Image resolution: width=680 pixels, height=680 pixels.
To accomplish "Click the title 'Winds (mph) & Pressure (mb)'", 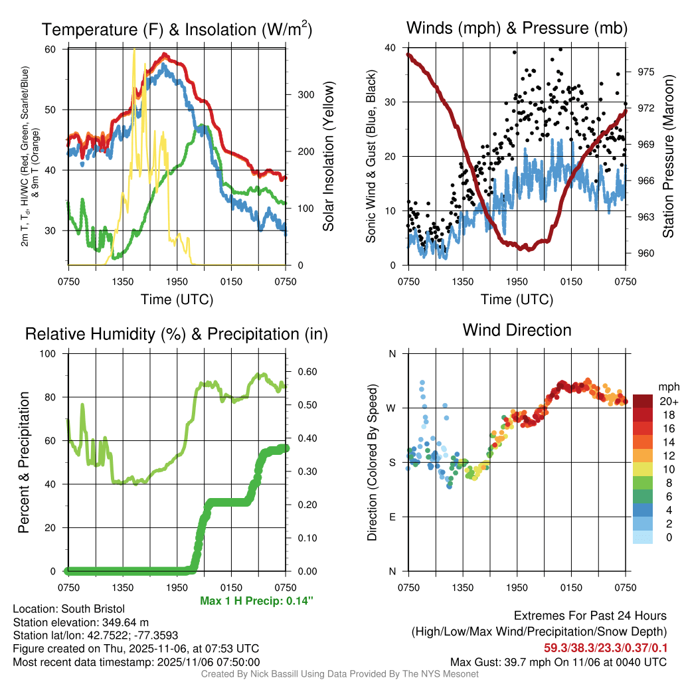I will click(517, 28).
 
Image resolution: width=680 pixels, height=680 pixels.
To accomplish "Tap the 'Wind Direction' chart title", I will click(517, 330).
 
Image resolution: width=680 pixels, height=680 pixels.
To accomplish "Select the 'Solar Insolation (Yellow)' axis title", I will click(328, 157).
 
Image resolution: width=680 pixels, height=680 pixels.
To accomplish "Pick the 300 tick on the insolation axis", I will click(305, 94).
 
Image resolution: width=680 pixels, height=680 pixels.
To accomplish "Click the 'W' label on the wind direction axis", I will click(392, 408).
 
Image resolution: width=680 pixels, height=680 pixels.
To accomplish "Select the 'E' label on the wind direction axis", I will click(392, 517).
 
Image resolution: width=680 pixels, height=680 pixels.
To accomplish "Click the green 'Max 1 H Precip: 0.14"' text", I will click(256, 601).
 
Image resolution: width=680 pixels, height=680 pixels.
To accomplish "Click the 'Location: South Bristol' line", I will click(69, 609).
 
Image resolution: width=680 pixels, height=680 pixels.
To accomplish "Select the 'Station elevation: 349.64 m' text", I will click(81, 622).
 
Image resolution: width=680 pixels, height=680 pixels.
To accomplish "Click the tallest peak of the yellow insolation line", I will click(135, 50).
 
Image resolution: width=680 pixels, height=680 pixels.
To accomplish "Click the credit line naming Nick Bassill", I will click(339, 674).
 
